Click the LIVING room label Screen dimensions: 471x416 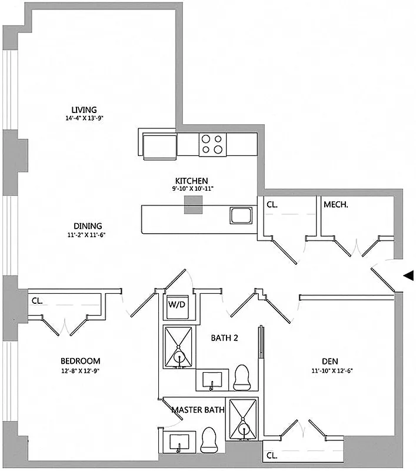84,110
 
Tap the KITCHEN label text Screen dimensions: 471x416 191,181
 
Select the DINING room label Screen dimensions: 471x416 88,225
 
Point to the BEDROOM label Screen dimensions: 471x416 80,361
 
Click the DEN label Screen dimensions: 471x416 329,361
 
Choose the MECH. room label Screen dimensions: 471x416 336,205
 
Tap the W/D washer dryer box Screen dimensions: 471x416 177,305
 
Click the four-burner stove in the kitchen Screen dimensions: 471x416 212,144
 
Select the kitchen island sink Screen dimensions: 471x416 242,215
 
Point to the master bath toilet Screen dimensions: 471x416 209,439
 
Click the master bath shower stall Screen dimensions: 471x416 243,419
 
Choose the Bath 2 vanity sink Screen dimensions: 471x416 212,379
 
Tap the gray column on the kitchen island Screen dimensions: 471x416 194,204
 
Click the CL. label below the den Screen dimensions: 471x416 272,455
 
